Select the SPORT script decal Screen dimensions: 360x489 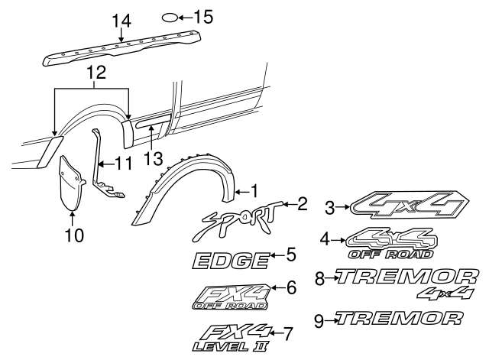238,221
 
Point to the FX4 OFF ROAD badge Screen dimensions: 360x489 229,297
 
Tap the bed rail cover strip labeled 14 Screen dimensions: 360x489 122,49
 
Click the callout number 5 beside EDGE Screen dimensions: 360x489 291,254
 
